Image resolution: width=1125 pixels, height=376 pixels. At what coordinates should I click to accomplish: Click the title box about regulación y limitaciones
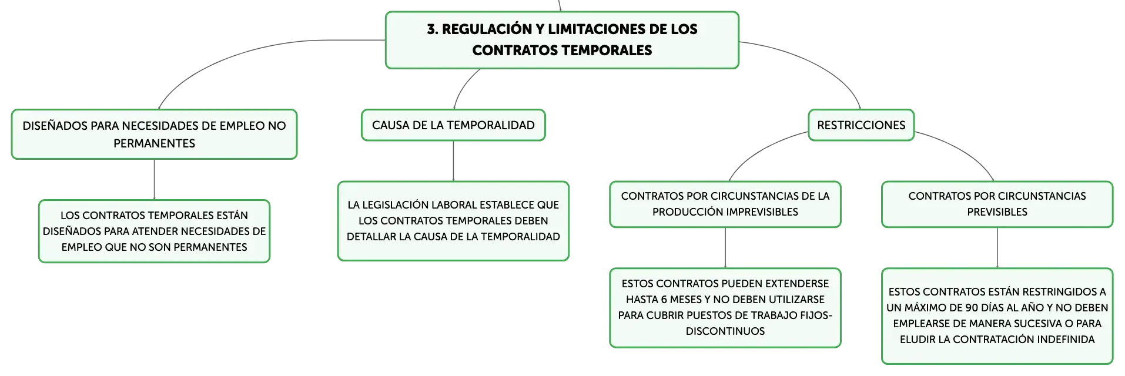click(x=562, y=40)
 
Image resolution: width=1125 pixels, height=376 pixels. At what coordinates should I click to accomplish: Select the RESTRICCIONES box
click(x=861, y=125)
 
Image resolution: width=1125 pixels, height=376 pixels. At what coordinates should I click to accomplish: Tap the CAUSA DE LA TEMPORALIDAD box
click(x=453, y=125)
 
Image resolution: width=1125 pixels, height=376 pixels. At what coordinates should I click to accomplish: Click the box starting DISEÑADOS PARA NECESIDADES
click(x=154, y=134)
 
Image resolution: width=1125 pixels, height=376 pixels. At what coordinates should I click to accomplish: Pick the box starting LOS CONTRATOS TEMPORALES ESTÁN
click(x=154, y=231)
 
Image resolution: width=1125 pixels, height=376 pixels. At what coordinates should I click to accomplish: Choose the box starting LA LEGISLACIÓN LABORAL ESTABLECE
click(x=453, y=221)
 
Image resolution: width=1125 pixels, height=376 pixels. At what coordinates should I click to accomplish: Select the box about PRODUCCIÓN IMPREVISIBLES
click(x=725, y=204)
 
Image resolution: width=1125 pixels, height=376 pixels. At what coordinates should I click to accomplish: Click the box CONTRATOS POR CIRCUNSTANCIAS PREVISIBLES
click(x=997, y=204)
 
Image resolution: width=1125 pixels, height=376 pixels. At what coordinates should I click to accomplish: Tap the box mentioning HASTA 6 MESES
click(x=725, y=308)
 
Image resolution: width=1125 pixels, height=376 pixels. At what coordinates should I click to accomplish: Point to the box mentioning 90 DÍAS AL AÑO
click(x=997, y=316)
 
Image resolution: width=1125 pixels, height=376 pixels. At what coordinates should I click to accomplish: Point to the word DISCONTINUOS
click(x=725, y=331)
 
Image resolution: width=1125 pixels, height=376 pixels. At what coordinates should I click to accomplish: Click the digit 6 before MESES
click(x=665, y=300)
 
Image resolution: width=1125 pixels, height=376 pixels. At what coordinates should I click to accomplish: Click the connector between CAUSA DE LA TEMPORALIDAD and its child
click(x=453, y=161)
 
